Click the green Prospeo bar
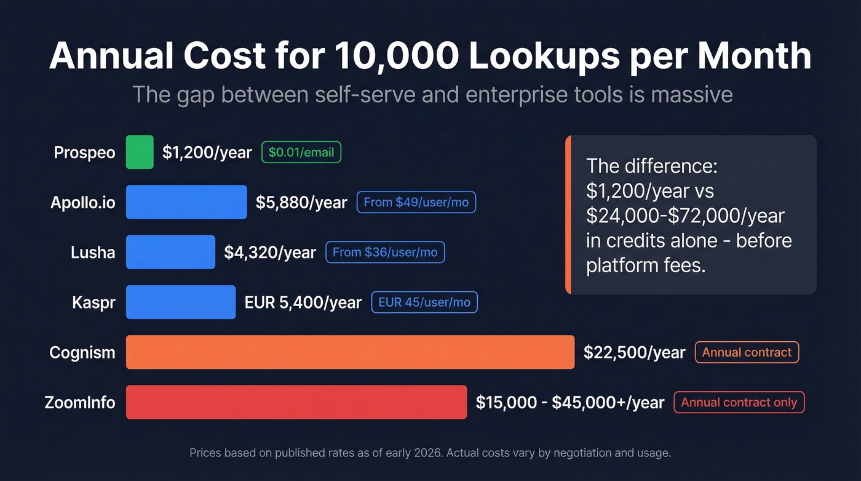[140, 152]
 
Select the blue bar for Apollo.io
[186, 202]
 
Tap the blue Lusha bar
[170, 252]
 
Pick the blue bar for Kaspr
[181, 302]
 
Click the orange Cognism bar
[350, 352]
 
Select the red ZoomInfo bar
[296, 402]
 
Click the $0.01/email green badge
[301, 152]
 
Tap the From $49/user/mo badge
[416, 202]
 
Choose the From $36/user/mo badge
[385, 252]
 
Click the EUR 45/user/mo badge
[424, 302]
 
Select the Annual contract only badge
[739, 402]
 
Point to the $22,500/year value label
[634, 352]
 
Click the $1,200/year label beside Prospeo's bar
[207, 152]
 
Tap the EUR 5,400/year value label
[303, 302]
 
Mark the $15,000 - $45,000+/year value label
[569, 402]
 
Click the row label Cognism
[82, 352]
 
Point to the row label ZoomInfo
[80, 402]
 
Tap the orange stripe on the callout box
[568, 214]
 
